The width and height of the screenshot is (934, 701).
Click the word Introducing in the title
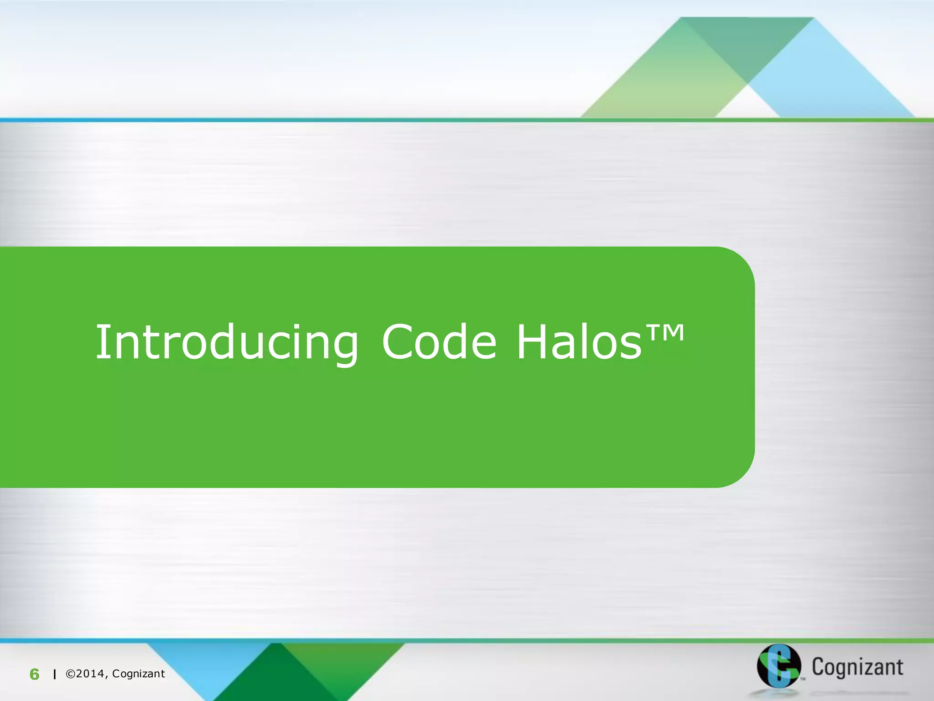(x=227, y=342)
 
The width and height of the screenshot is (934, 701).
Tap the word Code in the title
(x=439, y=342)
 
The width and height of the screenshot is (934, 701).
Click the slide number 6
(x=34, y=674)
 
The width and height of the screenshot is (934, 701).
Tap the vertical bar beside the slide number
(x=55, y=674)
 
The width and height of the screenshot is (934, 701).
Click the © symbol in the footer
(x=71, y=674)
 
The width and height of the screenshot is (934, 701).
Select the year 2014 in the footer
(x=91, y=674)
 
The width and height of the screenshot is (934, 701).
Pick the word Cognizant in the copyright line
(x=138, y=674)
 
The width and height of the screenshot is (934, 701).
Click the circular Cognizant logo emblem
(x=778, y=665)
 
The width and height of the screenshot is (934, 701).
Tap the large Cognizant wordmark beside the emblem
(x=857, y=667)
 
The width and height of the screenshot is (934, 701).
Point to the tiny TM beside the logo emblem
(x=803, y=679)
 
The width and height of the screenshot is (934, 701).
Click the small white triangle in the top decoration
(x=747, y=104)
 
